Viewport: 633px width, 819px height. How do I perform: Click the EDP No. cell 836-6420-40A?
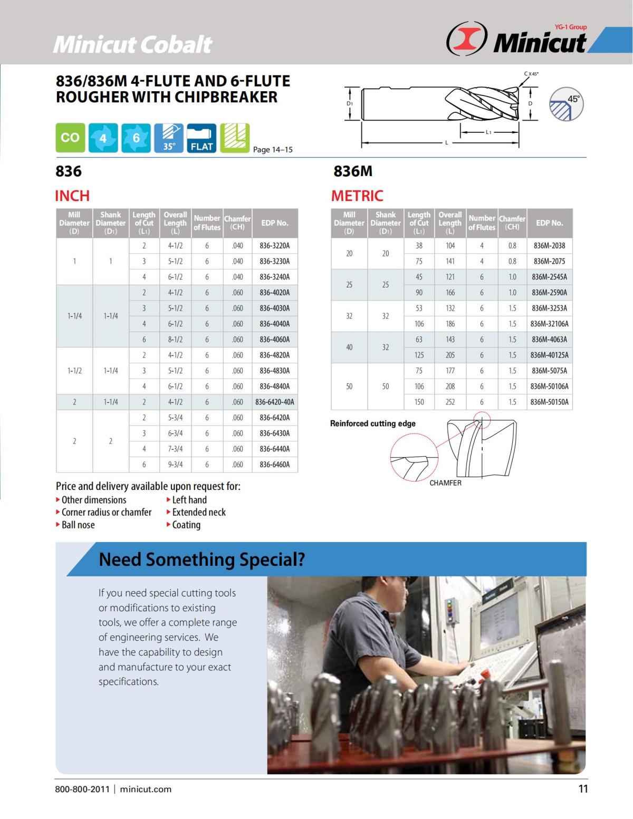click(274, 402)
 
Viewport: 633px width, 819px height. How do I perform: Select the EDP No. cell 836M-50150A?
click(550, 402)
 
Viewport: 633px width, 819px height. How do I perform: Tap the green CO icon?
click(70, 138)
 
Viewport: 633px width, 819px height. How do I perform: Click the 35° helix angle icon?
click(169, 138)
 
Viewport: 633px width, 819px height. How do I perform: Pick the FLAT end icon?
click(202, 138)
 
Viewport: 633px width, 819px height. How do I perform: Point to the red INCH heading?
click(72, 196)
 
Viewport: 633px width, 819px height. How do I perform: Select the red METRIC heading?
click(357, 196)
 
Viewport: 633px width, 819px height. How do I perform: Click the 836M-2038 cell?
click(550, 245)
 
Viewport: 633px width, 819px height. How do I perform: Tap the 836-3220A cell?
click(274, 245)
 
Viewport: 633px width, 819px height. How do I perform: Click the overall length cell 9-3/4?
click(175, 465)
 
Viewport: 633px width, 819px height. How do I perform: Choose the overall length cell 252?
click(450, 402)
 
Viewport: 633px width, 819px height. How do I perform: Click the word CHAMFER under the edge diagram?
click(445, 483)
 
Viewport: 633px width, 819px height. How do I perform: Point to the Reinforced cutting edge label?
click(373, 423)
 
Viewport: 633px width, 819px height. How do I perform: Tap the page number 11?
click(583, 789)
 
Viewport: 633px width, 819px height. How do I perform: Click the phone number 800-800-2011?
click(82, 789)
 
